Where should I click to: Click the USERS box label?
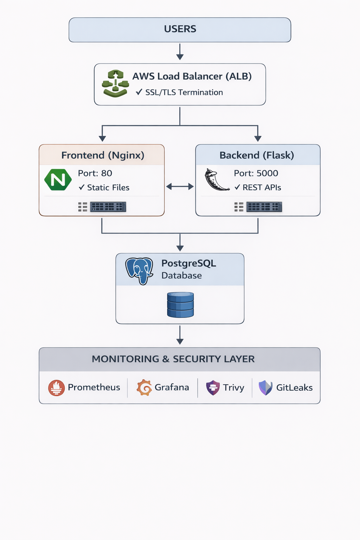point(180,29)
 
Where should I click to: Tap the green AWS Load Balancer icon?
point(115,84)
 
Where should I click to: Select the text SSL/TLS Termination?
point(184,92)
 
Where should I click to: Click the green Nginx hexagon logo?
point(58,180)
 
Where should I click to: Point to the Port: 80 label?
point(95,173)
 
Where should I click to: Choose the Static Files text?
point(108,188)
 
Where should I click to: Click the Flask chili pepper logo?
point(216,180)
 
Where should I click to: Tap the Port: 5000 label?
point(256,173)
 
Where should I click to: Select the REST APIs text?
point(262,188)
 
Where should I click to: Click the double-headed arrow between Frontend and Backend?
point(180,187)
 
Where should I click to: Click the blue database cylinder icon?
point(180,305)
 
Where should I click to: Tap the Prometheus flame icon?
point(56,388)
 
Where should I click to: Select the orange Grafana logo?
point(144,388)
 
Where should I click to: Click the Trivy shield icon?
point(213,388)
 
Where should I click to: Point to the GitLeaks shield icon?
point(265,388)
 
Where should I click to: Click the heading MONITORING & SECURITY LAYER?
point(173,359)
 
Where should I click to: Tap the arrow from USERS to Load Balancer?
point(180,52)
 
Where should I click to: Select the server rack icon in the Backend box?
point(264,207)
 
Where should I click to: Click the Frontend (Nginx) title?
point(103,155)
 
